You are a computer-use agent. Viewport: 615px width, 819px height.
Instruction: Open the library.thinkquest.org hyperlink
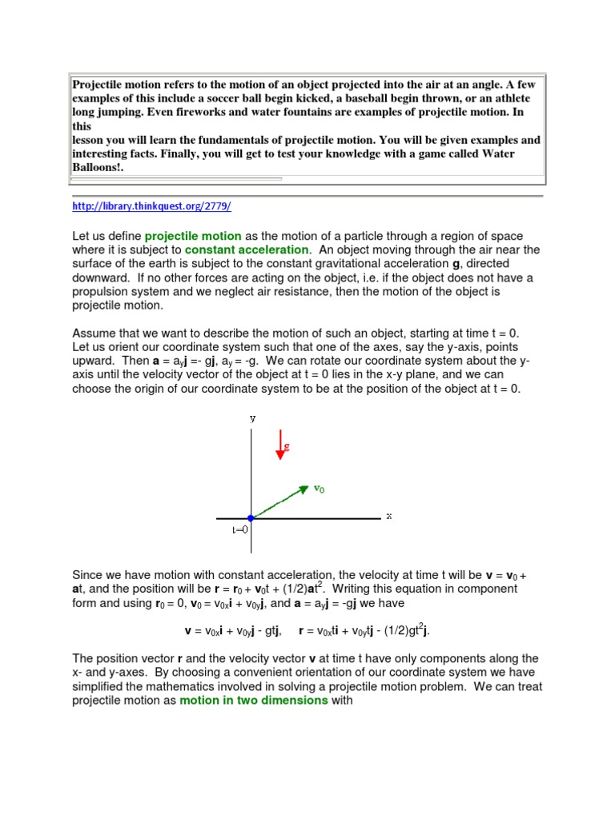tap(151, 206)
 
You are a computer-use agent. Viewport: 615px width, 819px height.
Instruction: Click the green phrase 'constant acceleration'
tap(246, 250)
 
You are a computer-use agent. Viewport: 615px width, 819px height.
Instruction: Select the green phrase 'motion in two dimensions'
tap(253, 701)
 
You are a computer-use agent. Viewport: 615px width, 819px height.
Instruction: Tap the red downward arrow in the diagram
tap(280, 445)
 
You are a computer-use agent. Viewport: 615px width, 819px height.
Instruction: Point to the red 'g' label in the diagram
tap(287, 447)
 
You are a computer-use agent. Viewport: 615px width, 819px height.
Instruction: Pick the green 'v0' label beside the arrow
tap(319, 489)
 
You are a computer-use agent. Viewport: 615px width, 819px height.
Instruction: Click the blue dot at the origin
tap(251, 519)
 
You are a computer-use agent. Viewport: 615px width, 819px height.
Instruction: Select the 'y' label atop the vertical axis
tap(252, 417)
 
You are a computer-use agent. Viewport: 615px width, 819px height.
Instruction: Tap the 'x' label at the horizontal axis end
tap(389, 516)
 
